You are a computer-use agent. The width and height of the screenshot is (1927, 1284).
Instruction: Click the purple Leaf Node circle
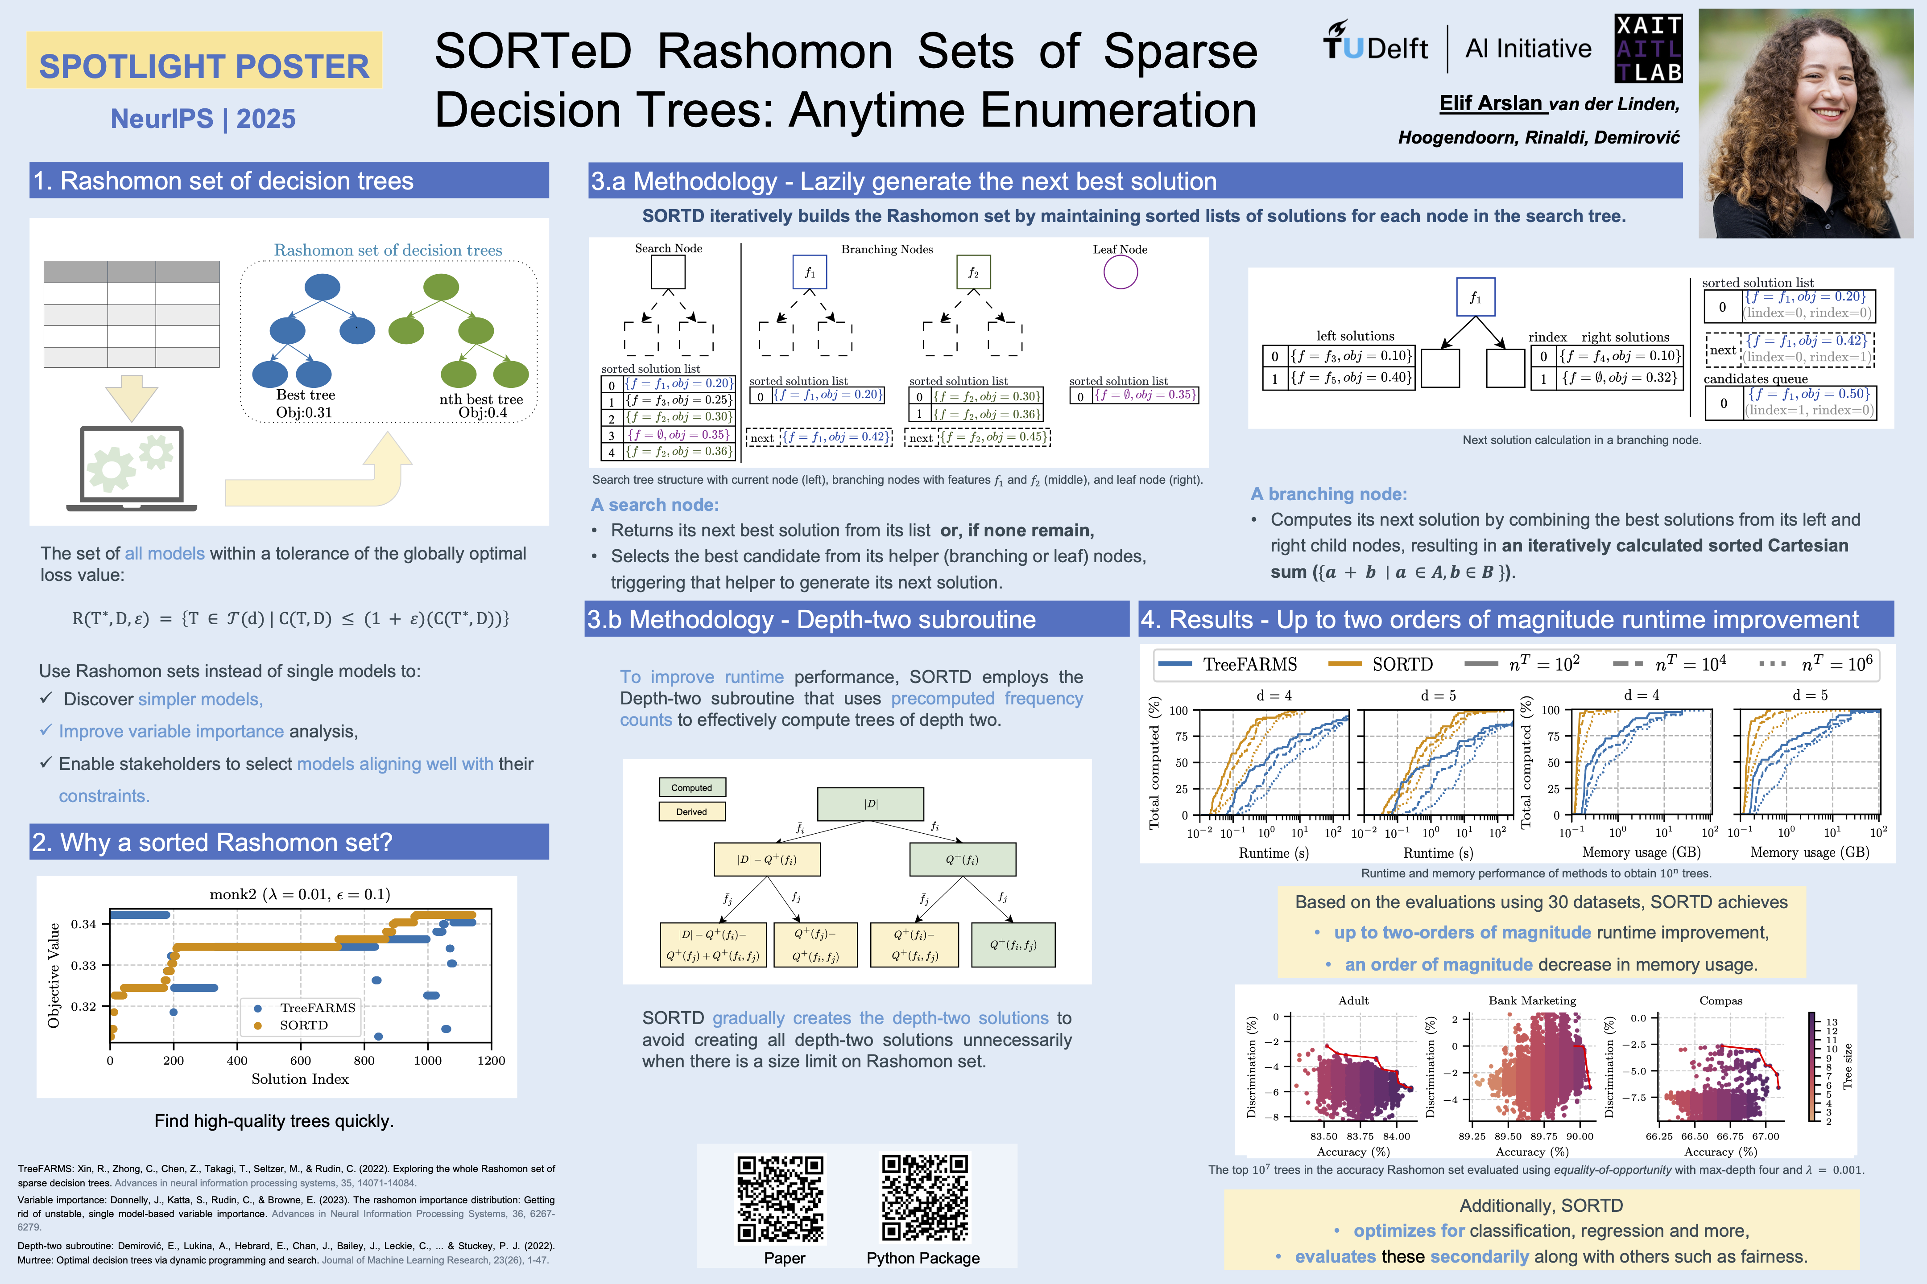1120,273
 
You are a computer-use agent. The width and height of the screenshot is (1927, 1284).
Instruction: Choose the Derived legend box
691,811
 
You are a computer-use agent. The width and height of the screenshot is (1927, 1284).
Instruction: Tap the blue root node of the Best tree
322,288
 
